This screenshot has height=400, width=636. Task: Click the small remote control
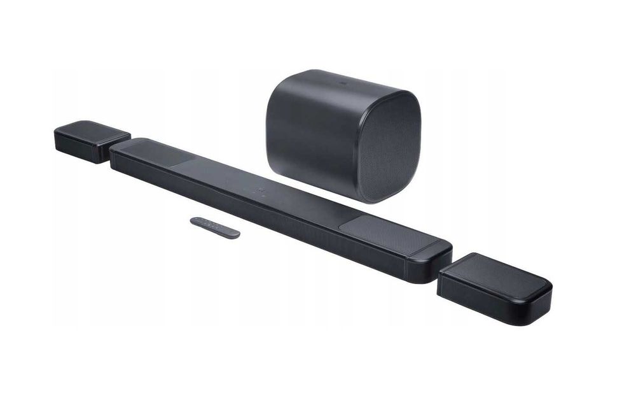coord(215,227)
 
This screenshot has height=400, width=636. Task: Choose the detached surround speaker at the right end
coord(494,288)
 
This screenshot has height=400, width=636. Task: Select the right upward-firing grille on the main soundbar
coord(388,233)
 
